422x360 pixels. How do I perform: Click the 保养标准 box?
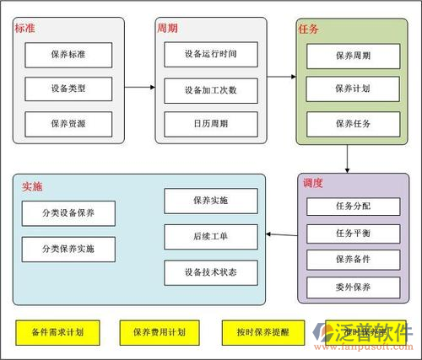pos(68,55)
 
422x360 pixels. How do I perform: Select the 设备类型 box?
pos(68,89)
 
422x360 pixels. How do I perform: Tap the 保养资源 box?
pos(68,123)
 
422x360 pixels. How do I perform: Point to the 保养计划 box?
pos(353,89)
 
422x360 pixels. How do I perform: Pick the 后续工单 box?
pos(210,236)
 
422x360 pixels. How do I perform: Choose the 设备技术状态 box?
pos(210,272)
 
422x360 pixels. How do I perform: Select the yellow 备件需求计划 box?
pos(57,332)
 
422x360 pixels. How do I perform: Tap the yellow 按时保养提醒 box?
pos(256,332)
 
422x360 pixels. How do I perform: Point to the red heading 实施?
pos(32,186)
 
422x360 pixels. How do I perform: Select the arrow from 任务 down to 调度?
pos(348,159)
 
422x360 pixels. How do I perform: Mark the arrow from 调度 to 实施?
pos(281,234)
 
